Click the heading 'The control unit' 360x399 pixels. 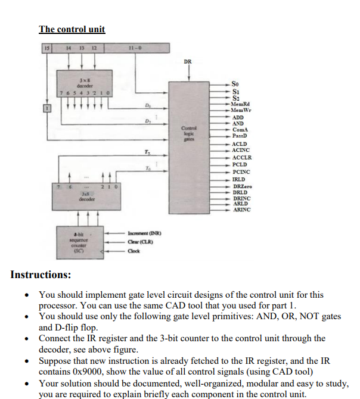72,29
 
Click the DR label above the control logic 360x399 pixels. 188,61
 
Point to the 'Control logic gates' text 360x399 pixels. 189,132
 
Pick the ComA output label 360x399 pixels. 240,129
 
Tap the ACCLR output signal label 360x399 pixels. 241,157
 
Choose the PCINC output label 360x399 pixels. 241,172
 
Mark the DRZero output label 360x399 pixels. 242,186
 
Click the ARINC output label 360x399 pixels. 241,210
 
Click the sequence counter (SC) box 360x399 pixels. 77,242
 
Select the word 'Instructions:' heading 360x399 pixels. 41,275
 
